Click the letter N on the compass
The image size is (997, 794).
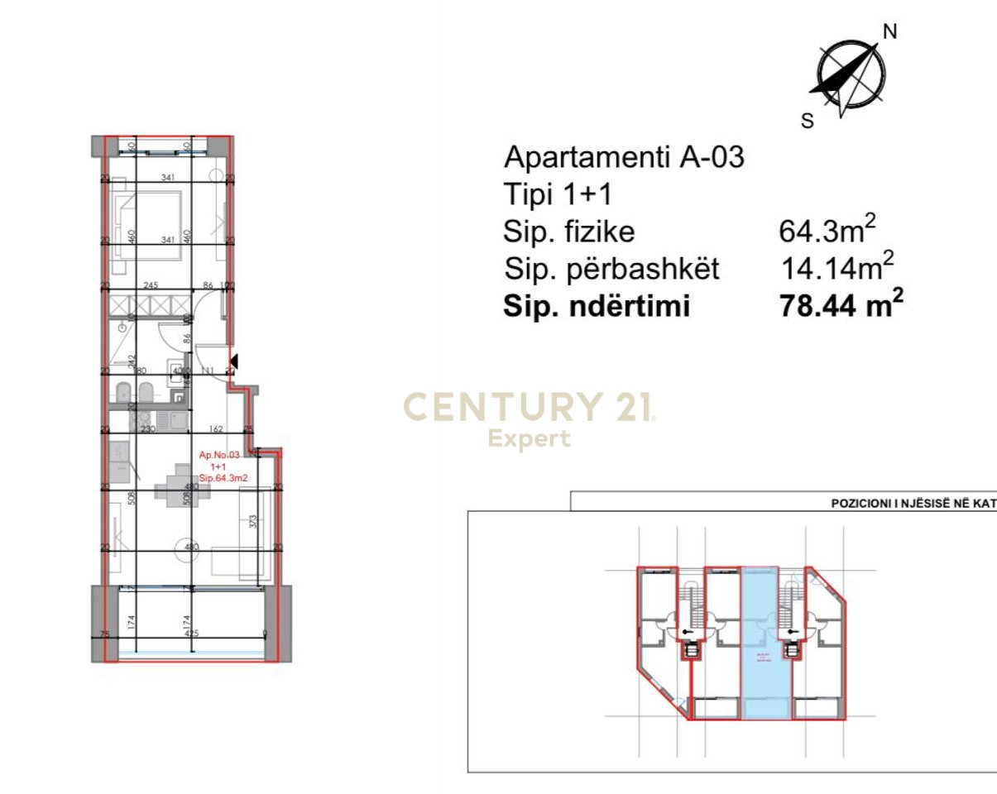coord(890,31)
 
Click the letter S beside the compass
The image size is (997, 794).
coord(808,121)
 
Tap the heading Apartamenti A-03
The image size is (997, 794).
coord(625,156)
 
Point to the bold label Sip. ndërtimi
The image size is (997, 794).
coord(597,306)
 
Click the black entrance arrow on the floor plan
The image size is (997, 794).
coord(233,361)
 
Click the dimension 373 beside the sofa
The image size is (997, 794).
coord(254,521)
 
